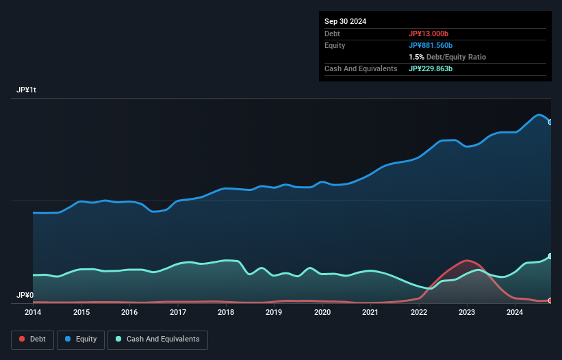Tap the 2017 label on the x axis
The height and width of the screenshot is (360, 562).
[x=178, y=312]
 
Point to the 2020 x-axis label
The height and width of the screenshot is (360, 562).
[x=322, y=312]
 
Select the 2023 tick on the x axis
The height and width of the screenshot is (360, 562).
[x=467, y=312]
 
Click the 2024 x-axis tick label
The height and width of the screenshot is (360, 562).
[x=515, y=312]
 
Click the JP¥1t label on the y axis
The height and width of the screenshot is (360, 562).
[x=27, y=90]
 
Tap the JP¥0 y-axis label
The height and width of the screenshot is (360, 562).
[x=25, y=295]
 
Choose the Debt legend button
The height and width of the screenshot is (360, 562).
[x=33, y=339]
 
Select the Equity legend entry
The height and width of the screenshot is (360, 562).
[x=81, y=339]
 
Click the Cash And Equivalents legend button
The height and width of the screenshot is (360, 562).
[x=157, y=339]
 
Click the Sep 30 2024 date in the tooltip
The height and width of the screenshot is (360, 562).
[x=346, y=21]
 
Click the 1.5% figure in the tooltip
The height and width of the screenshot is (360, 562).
[x=416, y=57]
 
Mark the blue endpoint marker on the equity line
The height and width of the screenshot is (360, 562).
[x=550, y=123]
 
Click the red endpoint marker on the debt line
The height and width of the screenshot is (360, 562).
[x=550, y=300]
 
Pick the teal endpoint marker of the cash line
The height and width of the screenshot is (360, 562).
[x=550, y=257]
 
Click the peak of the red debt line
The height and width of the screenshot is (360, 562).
[x=467, y=260]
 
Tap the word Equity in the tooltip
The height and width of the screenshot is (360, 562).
[x=336, y=45]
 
